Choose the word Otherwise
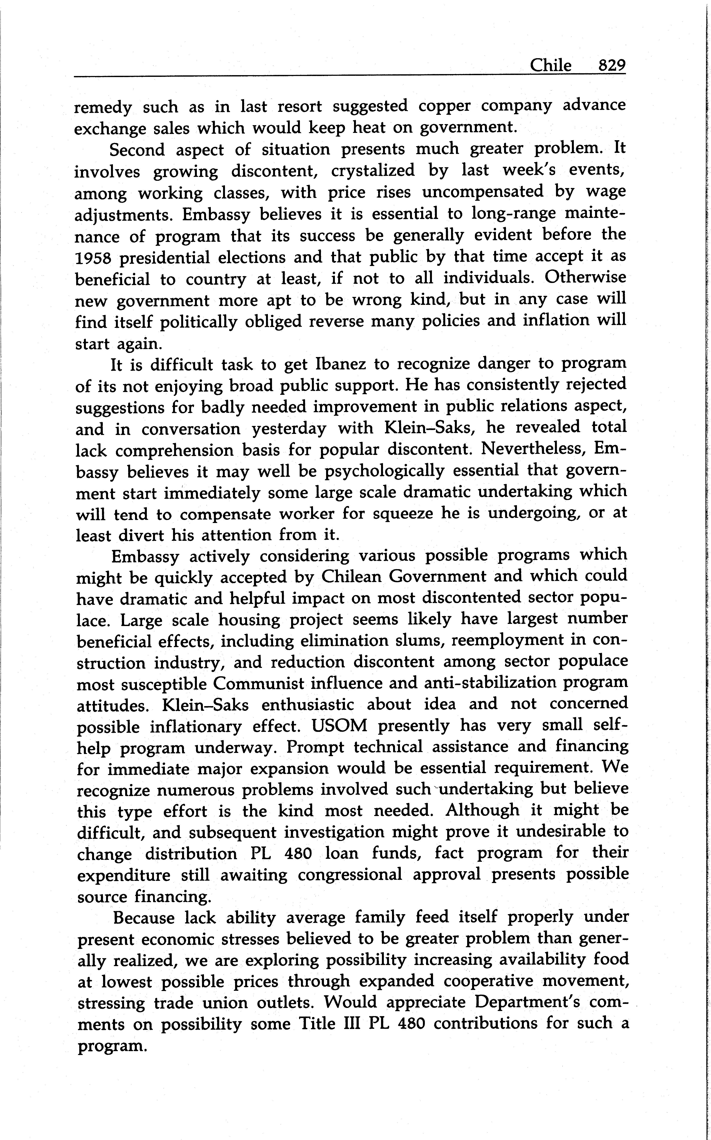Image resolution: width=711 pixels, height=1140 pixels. tap(585, 277)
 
